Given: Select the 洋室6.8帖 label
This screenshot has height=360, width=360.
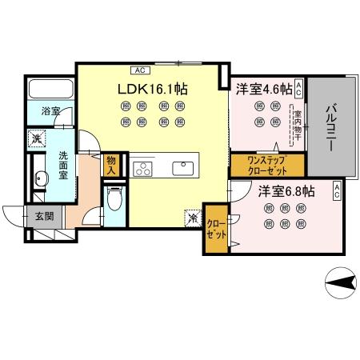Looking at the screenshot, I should click(285, 191).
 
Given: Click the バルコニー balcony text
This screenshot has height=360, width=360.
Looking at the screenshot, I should click(331, 125).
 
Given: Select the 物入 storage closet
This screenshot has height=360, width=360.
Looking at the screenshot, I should click(112, 165).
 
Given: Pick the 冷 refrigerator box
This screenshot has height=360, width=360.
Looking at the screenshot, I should click(193, 216).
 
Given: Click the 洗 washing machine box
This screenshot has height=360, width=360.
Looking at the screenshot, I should click(37, 138).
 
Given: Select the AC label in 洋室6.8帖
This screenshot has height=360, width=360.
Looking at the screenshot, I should click(337, 190).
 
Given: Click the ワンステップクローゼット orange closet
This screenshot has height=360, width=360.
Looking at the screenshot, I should click(256, 165).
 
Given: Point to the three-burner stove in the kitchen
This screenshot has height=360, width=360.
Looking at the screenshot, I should click(142, 168).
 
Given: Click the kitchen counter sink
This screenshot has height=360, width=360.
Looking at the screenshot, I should click(182, 168).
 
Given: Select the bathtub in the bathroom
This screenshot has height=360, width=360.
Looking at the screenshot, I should click(50, 90).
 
